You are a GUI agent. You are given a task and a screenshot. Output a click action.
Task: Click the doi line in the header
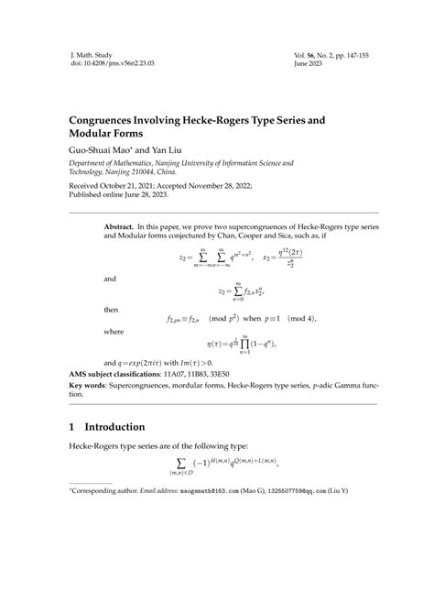97,66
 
